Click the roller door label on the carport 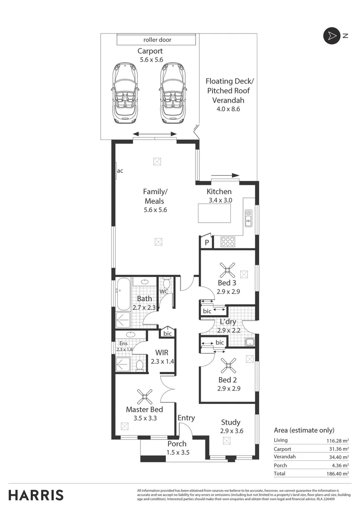[157, 40]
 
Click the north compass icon [331, 36]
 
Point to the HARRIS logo [36, 495]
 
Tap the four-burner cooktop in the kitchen [228, 241]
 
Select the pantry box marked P [206, 242]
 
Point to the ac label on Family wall [120, 171]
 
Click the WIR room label [162, 353]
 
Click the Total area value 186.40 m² [337, 473]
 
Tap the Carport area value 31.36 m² [338, 449]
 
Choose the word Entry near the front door [186, 418]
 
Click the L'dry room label [228, 322]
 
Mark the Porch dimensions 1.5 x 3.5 [177, 452]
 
